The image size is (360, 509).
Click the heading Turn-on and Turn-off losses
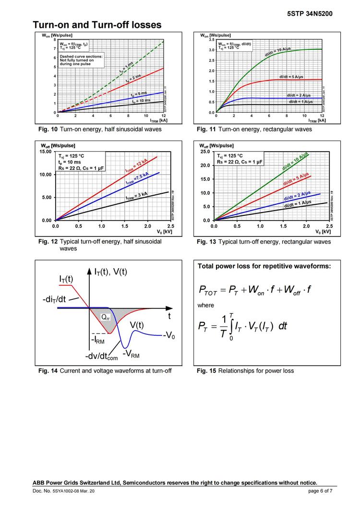pyautogui.click(x=97, y=24)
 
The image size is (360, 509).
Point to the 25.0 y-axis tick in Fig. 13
pyautogui.click(x=205, y=152)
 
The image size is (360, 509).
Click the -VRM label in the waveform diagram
pyautogui.click(x=132, y=354)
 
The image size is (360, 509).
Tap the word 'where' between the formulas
pyautogui.click(x=205, y=305)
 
